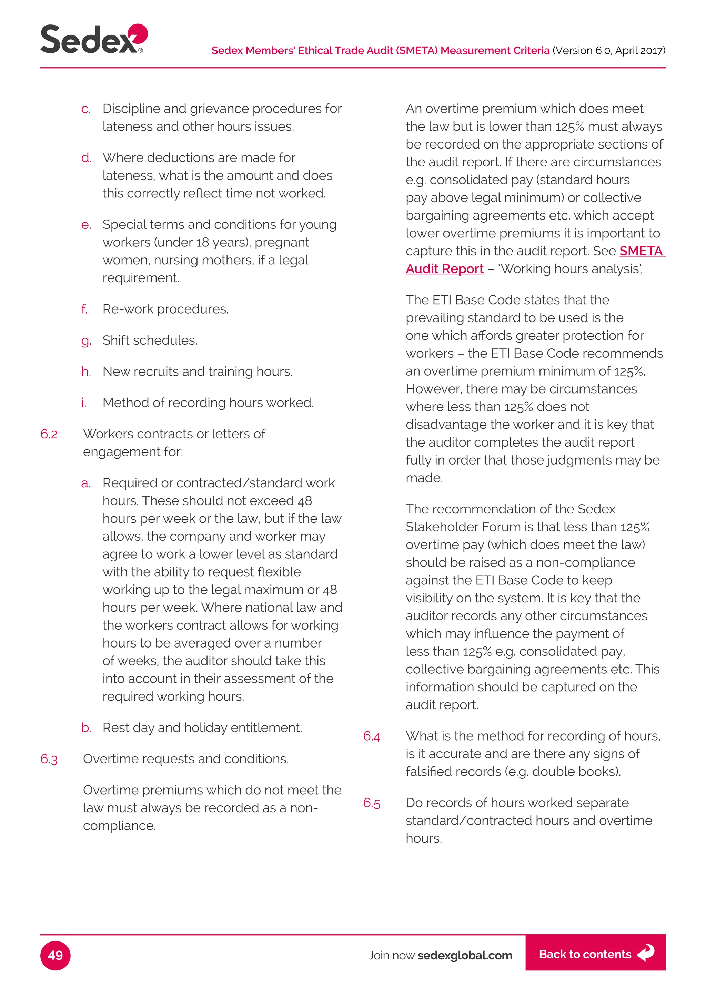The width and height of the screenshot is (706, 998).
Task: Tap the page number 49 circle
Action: (55, 955)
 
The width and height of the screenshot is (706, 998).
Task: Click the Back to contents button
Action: (595, 954)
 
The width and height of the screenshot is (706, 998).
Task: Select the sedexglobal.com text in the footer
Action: (464, 955)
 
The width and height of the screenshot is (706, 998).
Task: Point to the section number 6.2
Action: (49, 434)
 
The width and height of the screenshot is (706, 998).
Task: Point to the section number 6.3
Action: (49, 759)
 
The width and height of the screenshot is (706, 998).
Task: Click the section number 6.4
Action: (371, 736)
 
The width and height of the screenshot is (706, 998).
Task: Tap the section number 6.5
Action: (371, 803)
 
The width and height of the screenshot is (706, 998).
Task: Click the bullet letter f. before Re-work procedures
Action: (84, 309)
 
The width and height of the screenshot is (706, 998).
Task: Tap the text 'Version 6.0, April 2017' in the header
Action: (609, 51)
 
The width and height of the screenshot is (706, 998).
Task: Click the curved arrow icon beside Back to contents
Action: (646, 953)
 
